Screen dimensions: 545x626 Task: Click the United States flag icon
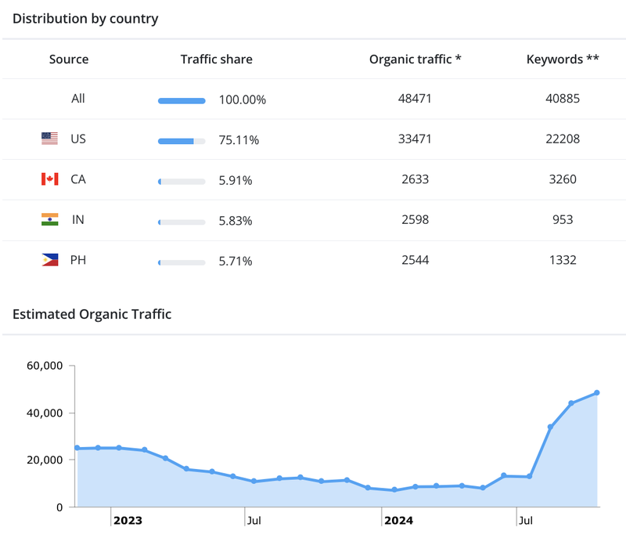(49, 139)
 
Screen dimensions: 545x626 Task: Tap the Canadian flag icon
(49, 179)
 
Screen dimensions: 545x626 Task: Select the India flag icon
(49, 220)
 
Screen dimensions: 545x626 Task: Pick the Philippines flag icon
(49, 260)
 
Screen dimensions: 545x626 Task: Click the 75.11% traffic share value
(239, 140)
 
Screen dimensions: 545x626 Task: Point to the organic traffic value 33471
(416, 139)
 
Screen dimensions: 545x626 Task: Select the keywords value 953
(562, 220)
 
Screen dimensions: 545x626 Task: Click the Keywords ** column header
(563, 59)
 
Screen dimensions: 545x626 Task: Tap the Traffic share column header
(217, 59)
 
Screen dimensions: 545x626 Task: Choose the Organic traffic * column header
(415, 59)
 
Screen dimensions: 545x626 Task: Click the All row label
(77, 99)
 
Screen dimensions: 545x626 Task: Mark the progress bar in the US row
(182, 141)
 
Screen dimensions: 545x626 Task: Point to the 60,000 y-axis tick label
(44, 366)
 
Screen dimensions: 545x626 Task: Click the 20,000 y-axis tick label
(44, 460)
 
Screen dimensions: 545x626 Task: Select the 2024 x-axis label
(398, 520)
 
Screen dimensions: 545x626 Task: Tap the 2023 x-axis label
(128, 520)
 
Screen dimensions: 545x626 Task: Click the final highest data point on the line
(597, 392)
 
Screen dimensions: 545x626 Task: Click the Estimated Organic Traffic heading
(92, 315)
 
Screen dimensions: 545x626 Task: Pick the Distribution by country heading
(85, 19)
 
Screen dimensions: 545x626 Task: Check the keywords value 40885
(563, 99)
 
